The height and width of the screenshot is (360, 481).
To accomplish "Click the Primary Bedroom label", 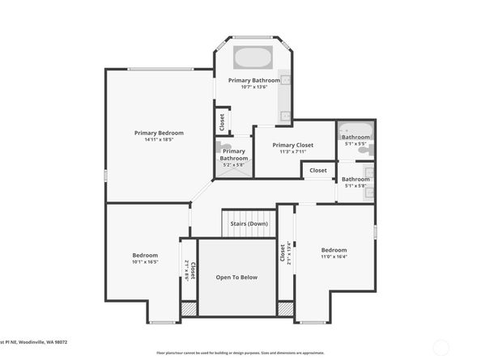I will point(159,133).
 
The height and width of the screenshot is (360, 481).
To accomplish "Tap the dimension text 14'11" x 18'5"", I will point(159,140).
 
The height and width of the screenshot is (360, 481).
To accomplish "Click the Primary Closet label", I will point(292,145).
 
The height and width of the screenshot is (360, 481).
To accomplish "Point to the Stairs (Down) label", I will point(249,223).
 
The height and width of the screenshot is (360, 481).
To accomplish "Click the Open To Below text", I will point(236,277).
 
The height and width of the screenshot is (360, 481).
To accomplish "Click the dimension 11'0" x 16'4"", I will point(334,257).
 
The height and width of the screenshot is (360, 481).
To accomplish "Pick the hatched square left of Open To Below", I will point(189,309).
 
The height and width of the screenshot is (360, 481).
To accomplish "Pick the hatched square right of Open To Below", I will point(284,309).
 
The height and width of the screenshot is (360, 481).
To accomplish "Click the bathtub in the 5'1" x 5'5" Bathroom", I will point(355,129).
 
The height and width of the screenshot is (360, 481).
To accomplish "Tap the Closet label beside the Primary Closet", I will point(318,171).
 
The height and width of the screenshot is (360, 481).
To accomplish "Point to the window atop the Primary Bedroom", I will point(159,69).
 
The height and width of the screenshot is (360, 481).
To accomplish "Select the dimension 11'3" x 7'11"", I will point(292,151).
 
